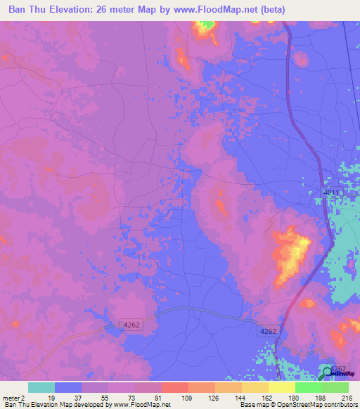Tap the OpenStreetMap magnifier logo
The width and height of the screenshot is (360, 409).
click(327, 372)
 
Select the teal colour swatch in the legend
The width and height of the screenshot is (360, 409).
click(41, 387)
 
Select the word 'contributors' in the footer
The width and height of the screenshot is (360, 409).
click(340, 405)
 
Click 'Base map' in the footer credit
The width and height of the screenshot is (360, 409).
click(252, 405)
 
